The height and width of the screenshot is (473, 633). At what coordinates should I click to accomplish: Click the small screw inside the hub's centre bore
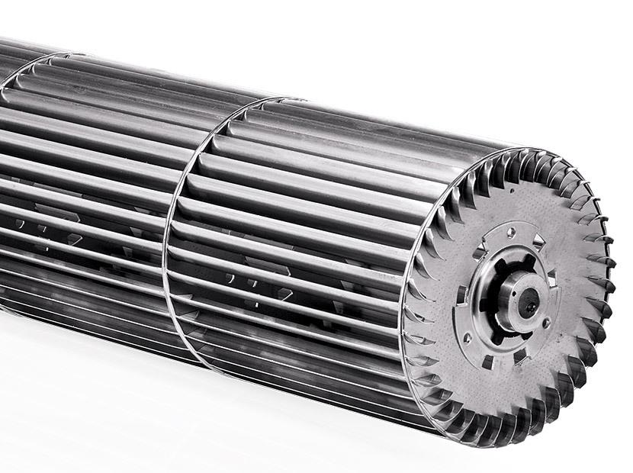(528, 307)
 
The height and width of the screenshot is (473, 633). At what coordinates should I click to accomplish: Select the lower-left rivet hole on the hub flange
(467, 336)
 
